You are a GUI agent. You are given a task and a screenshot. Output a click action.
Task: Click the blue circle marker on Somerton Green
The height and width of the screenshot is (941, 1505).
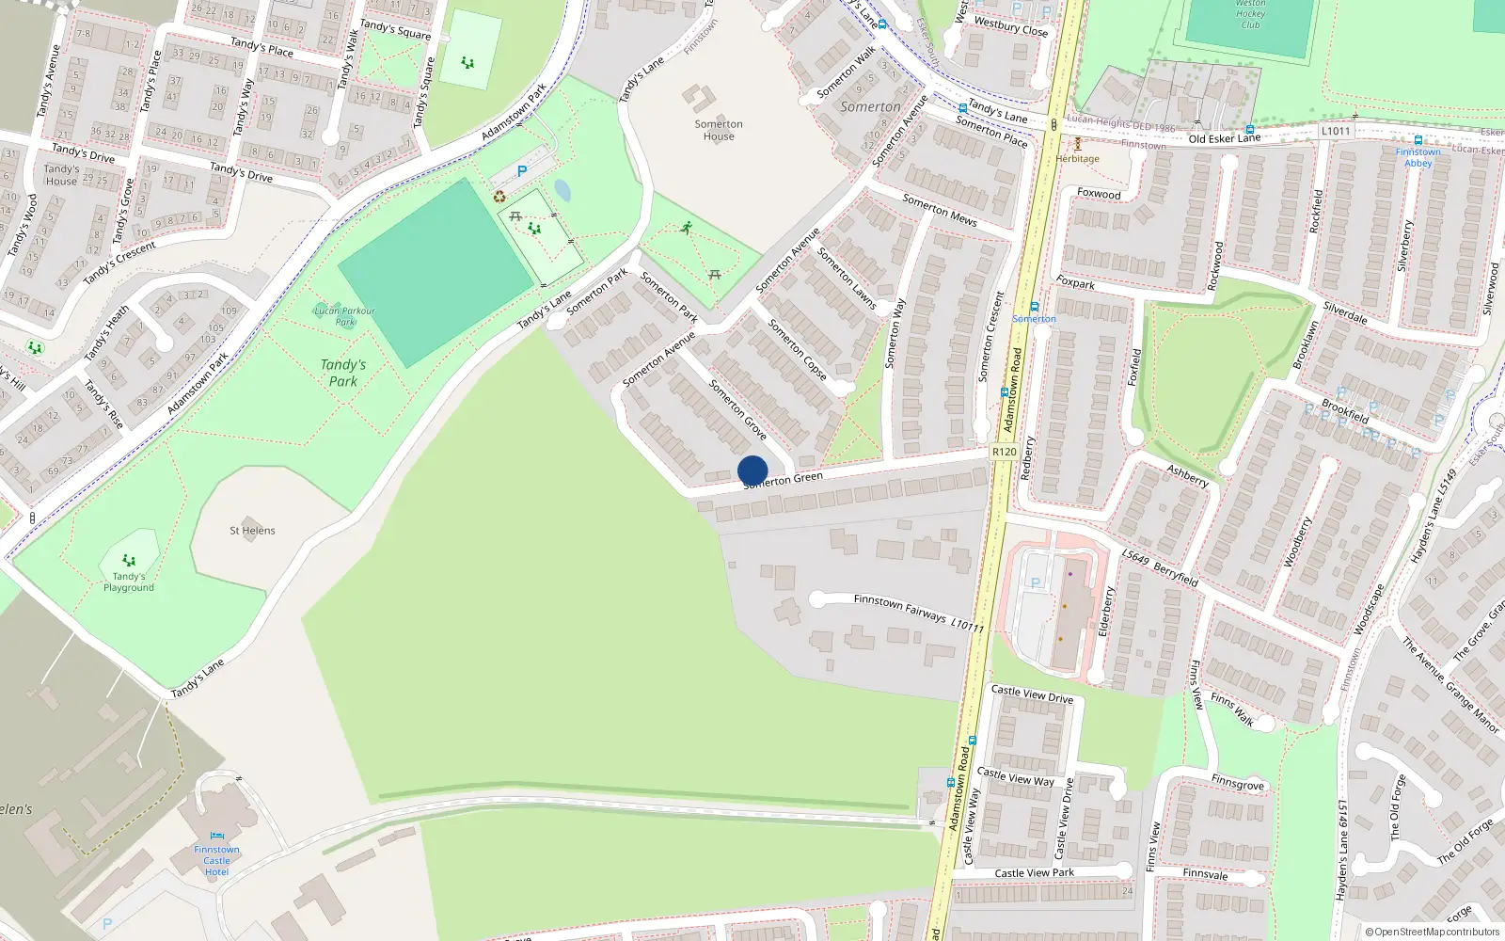(x=752, y=470)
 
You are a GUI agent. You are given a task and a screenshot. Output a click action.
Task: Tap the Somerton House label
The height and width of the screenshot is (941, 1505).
(x=719, y=130)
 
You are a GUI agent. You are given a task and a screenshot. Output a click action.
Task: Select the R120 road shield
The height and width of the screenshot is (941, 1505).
(x=1004, y=452)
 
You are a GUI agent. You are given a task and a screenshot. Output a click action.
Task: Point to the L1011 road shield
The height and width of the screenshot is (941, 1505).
(x=1335, y=131)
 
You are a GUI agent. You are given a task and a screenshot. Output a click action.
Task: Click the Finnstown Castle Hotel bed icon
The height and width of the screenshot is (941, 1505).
(x=217, y=835)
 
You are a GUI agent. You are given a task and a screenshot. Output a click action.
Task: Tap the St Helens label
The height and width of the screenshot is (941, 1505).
(x=252, y=531)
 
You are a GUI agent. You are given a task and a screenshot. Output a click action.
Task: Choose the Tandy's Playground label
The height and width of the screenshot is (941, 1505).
(x=129, y=582)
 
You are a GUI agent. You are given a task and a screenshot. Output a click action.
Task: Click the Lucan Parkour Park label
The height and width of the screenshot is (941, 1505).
(x=344, y=315)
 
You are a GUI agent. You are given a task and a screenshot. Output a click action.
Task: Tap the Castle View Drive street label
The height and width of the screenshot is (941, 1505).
(x=1032, y=694)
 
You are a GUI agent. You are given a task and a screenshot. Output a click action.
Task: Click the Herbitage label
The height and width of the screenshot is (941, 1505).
(x=1077, y=158)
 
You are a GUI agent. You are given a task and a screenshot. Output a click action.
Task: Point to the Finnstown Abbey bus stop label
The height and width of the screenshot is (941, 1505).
(x=1418, y=157)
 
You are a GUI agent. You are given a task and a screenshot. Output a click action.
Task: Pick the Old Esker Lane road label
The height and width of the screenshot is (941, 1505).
(x=1224, y=138)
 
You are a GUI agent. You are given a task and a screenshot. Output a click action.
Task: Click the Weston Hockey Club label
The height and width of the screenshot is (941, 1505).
(x=1250, y=14)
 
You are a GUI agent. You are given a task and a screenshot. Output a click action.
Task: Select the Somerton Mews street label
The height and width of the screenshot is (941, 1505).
(x=939, y=210)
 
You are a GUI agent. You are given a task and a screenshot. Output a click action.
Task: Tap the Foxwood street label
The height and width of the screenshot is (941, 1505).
(x=1099, y=193)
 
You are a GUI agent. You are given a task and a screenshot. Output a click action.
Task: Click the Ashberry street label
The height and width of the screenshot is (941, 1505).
(x=1187, y=475)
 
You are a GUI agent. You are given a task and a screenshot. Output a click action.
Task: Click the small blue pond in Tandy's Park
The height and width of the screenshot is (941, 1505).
(x=562, y=191)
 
